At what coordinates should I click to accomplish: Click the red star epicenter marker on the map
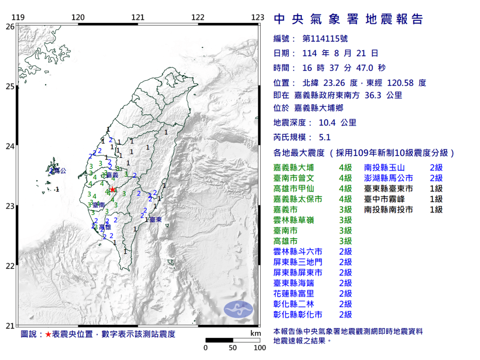tap(112, 189)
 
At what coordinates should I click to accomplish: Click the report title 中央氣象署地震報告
tap(348, 19)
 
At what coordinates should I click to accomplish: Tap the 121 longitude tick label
tap(138, 17)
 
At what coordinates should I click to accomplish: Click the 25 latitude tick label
tap(10, 86)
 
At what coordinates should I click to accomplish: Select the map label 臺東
tap(156, 219)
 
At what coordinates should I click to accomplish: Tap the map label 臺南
tap(98, 205)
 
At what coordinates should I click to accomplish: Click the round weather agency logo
tap(238, 308)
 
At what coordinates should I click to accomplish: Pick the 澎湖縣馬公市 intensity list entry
tap(389, 178)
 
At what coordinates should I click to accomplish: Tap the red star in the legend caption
tap(48, 334)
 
